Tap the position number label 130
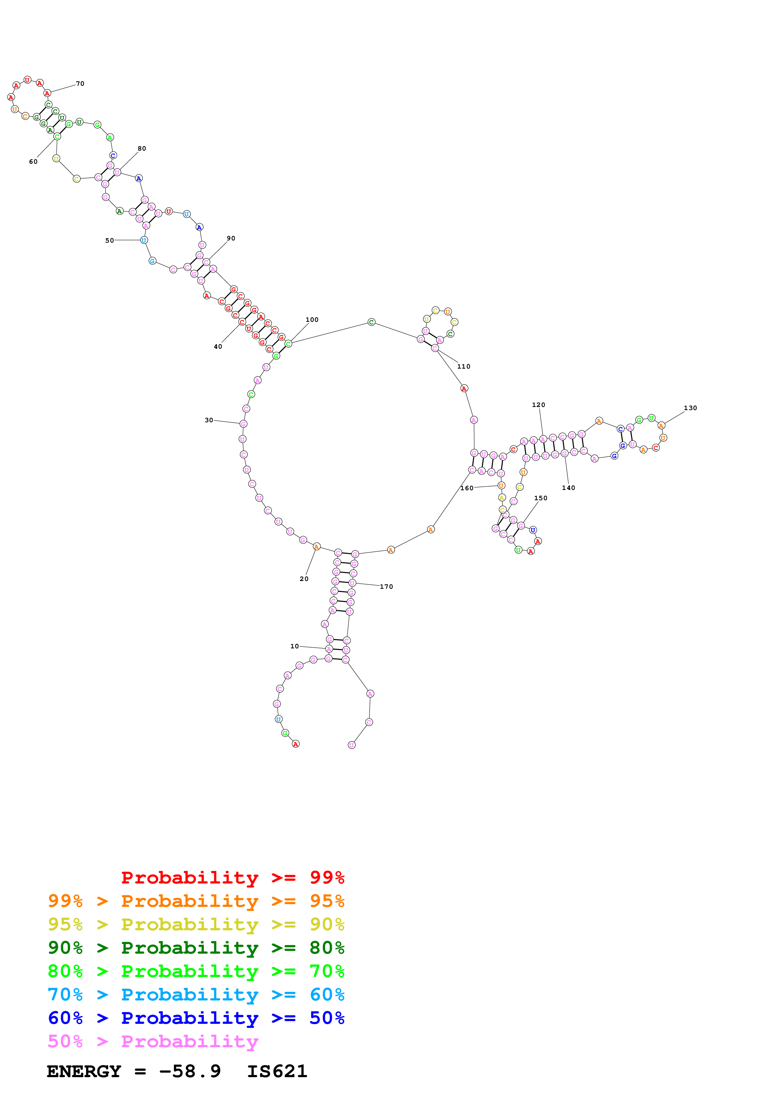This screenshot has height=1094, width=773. point(690,408)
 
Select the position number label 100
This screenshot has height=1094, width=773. point(312,320)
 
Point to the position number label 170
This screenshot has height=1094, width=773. point(386,587)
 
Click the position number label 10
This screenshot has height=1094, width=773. point(294,646)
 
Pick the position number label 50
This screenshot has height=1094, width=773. point(109,241)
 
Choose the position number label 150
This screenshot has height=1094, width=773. point(541,498)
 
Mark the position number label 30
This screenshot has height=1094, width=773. point(209,420)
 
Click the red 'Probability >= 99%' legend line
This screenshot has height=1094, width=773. point(232,877)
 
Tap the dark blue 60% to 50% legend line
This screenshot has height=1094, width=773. point(196,1018)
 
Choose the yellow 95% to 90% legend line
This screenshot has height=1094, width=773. point(196,924)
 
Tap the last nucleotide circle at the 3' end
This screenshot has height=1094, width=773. point(351,745)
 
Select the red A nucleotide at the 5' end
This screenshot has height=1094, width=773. point(296,744)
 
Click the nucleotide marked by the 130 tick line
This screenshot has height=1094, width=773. point(661,425)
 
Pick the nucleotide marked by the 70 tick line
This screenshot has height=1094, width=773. point(47,93)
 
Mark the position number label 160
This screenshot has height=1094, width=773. point(467,488)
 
